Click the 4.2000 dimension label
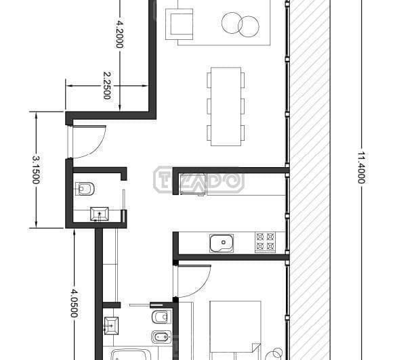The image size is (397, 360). click(x=119, y=34)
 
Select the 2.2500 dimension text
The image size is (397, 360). click(x=107, y=86)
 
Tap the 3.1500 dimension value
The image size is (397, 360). click(x=36, y=170)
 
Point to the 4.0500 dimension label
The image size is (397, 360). click(x=74, y=303)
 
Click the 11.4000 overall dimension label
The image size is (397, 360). click(x=361, y=168)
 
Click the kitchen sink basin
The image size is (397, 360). click(x=222, y=243)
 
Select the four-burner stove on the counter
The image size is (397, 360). click(x=265, y=242)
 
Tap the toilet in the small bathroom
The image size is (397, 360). click(x=85, y=189)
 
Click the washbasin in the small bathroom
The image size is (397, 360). click(x=100, y=214)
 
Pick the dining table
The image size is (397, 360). click(x=226, y=106)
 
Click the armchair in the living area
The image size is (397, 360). click(x=180, y=24)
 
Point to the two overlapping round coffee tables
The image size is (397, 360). click(x=241, y=24)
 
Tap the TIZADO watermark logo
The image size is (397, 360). click(x=199, y=180)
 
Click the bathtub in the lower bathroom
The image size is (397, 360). click(x=131, y=355)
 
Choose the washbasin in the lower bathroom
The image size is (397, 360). click(x=111, y=326)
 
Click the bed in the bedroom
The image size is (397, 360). click(x=236, y=330)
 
